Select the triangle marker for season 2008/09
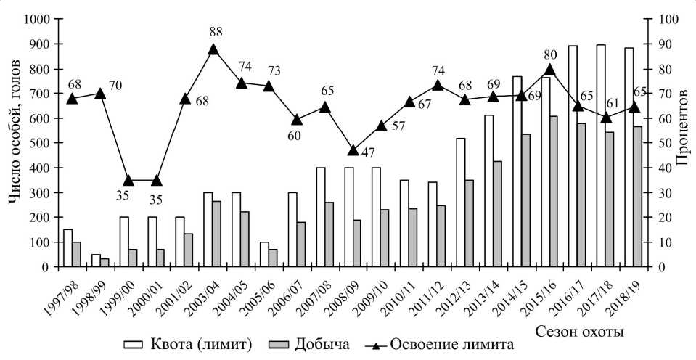353,150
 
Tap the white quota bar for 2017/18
601,155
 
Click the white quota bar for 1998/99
97,261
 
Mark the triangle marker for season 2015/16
549,70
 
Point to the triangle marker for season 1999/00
128,180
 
